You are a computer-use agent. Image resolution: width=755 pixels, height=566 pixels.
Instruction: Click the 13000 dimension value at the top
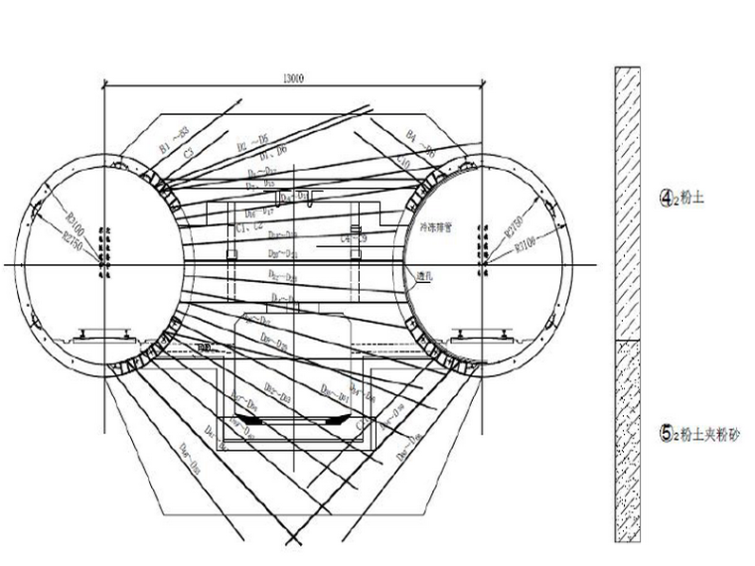tap(292, 77)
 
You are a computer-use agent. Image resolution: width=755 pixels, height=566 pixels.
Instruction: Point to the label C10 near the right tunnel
tap(404, 159)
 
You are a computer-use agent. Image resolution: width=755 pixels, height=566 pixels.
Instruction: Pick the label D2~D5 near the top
tap(253, 145)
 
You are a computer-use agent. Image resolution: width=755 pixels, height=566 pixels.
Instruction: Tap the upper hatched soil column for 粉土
tap(627, 204)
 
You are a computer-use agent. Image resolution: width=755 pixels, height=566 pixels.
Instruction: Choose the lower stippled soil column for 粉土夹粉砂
tap(627, 441)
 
